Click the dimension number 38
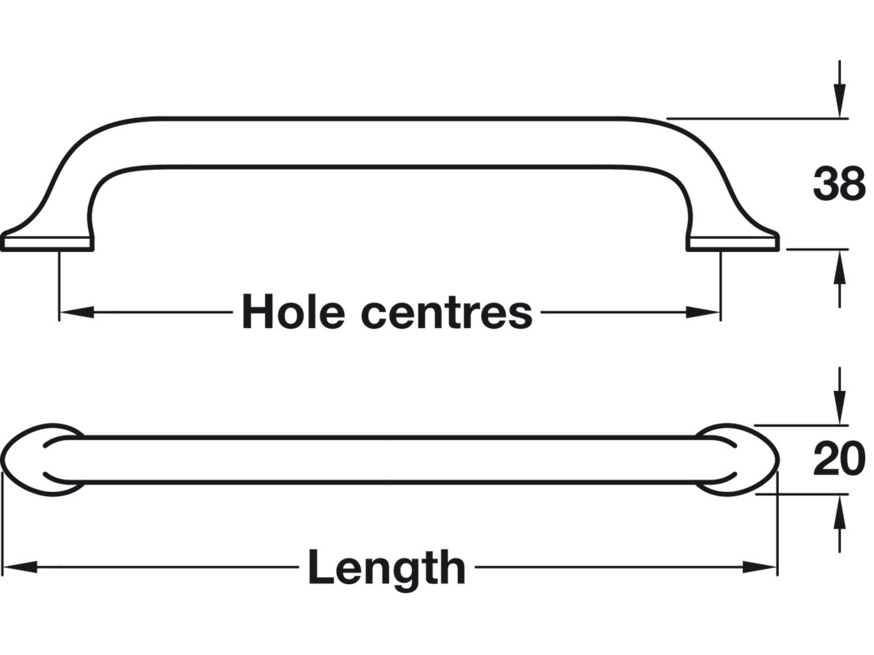point(839,184)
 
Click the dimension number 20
point(839,459)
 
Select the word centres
point(447,312)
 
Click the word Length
point(387,568)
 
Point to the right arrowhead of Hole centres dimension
point(703,312)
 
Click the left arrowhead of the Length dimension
point(19,567)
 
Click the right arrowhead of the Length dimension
point(760,567)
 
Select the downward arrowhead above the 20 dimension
point(839,408)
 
